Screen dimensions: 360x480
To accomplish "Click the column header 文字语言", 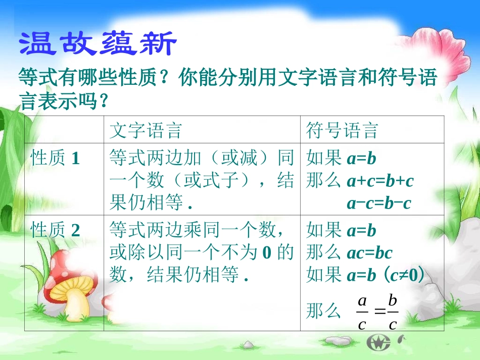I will [x=146, y=131].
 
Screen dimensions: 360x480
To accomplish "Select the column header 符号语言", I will [x=343, y=131].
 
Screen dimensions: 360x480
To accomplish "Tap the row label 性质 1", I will [x=56, y=159].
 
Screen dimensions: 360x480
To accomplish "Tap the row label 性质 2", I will [x=56, y=231].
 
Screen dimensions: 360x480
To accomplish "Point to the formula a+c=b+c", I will [x=380, y=181].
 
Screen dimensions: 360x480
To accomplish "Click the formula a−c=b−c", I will [x=379, y=203].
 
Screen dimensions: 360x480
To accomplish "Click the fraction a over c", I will [x=362, y=312].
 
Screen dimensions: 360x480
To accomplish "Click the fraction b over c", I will [x=393, y=312].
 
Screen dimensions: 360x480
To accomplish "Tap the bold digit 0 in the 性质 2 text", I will [x=267, y=252].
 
